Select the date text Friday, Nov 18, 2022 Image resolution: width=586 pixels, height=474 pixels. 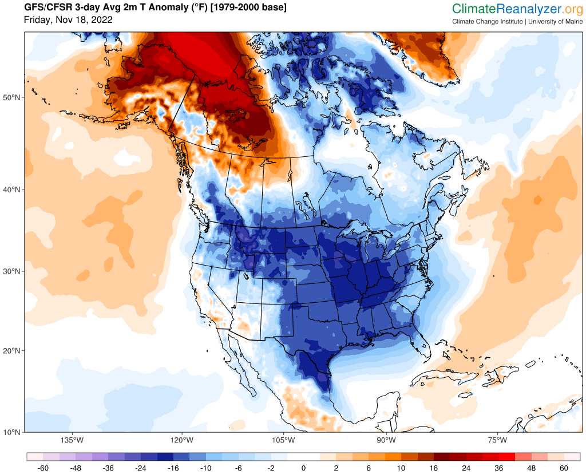tap(68, 20)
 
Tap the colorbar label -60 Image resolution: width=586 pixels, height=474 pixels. tap(42, 467)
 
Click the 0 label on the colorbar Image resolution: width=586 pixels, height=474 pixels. tap(303, 467)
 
